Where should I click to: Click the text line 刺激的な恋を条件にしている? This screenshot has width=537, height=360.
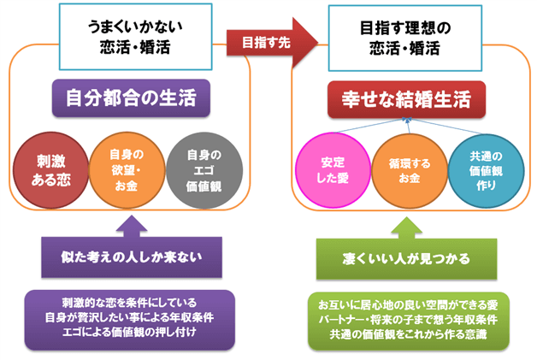129,303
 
